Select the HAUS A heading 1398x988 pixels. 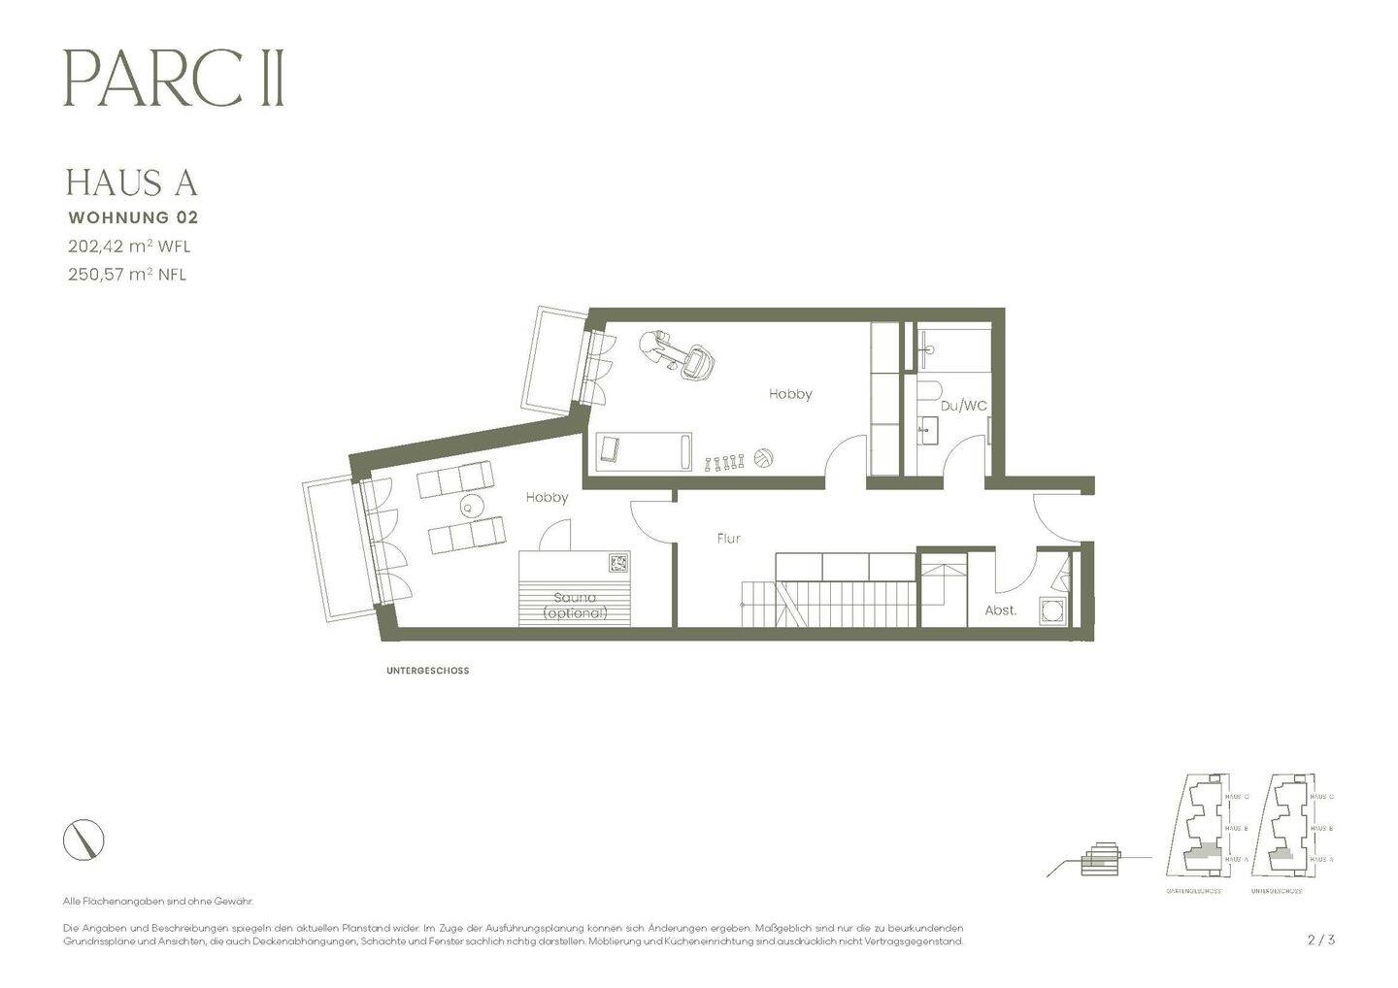[x=132, y=182]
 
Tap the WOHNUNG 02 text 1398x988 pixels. [x=132, y=217]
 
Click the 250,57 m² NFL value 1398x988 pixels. [x=127, y=275]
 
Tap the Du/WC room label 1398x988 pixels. [x=963, y=406]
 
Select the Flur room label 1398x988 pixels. [x=728, y=538]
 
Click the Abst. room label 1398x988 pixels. [x=1001, y=610]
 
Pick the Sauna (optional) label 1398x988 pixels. [x=575, y=606]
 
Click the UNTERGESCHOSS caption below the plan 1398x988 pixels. [x=427, y=671]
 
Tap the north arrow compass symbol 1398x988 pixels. [x=83, y=840]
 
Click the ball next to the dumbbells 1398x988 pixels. [x=763, y=458]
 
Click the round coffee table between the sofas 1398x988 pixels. [x=469, y=506]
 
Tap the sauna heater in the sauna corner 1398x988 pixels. [x=617, y=562]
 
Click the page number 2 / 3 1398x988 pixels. [x=1321, y=939]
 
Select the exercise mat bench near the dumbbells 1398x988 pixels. [x=644, y=451]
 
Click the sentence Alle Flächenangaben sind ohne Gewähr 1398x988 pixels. [x=157, y=902]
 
